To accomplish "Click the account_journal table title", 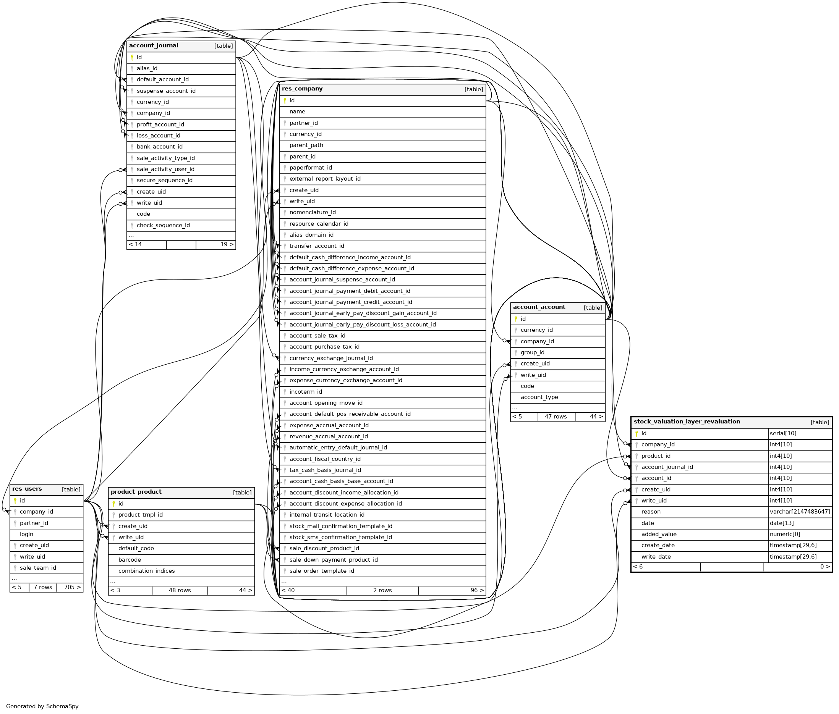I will (x=154, y=46).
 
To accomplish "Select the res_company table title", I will (x=302, y=89).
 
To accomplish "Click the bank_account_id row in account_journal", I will (x=160, y=147).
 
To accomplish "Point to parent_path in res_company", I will (x=306, y=145).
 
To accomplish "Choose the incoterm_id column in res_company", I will (x=306, y=392).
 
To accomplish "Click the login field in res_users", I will (x=27, y=534).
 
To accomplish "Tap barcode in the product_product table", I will (x=130, y=560).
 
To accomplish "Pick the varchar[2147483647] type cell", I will (x=800, y=512).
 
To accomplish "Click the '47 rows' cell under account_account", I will (x=556, y=417).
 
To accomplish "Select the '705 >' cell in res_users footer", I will (x=72, y=587).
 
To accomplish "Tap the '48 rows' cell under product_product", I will (x=180, y=591).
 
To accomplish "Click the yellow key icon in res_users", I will (x=15, y=501).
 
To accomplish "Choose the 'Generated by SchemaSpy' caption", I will (x=42, y=706).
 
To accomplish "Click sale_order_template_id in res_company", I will (x=322, y=571).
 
